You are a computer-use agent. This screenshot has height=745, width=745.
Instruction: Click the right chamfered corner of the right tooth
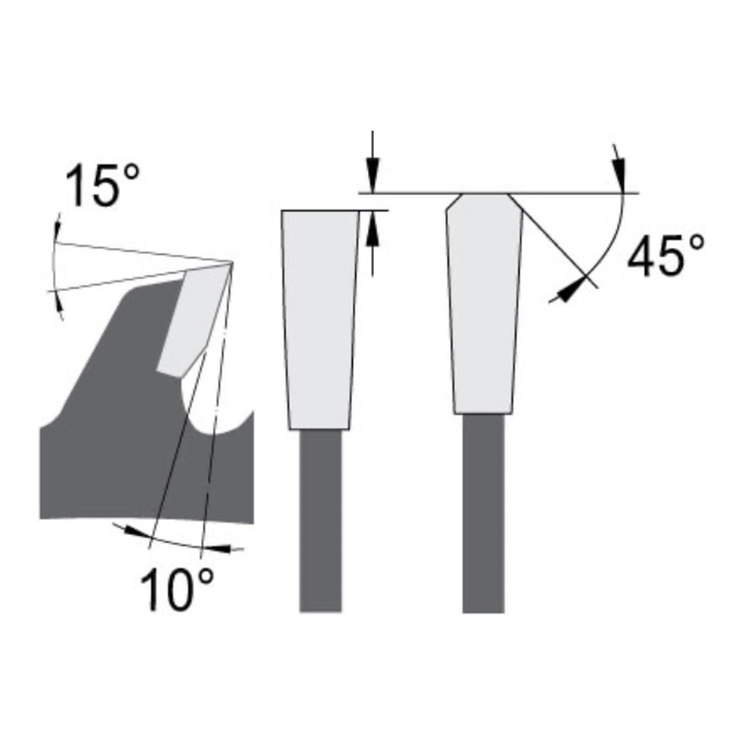515,202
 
